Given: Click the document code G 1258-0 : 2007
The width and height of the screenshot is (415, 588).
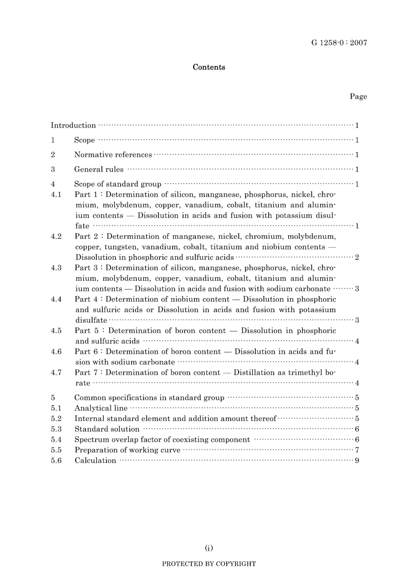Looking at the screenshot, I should pyautogui.click(x=339, y=43).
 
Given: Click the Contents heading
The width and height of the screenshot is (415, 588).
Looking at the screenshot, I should pyautogui.click(x=209, y=67).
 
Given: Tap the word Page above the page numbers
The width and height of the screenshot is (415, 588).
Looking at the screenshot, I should pyautogui.click(x=358, y=97).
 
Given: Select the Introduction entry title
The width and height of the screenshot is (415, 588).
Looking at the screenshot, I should pyautogui.click(x=73, y=125).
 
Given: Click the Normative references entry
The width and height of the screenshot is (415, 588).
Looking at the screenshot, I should pyautogui.click(x=113, y=155).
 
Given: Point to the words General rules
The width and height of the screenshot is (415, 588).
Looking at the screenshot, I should pyautogui.click(x=99, y=170).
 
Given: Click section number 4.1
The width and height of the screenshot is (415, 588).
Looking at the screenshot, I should pyautogui.click(x=56, y=195).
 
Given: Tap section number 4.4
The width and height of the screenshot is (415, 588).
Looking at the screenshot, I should pyautogui.click(x=56, y=299).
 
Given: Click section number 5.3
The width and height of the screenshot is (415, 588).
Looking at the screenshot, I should pyautogui.click(x=56, y=429).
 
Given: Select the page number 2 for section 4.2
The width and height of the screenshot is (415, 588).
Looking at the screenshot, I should pyautogui.click(x=357, y=257).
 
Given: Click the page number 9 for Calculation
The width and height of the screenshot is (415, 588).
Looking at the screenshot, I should pyautogui.click(x=357, y=461).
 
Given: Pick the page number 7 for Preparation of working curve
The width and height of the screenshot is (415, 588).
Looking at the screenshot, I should pyautogui.click(x=357, y=450).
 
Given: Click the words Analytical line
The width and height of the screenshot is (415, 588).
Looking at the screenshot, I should pyautogui.click(x=101, y=408).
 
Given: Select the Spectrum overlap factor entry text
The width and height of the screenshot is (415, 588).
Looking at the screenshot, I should pyautogui.click(x=162, y=440).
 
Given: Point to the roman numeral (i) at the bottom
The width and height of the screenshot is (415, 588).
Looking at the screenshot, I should pyautogui.click(x=209, y=548).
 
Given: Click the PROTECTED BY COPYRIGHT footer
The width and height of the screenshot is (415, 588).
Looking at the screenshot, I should pyautogui.click(x=209, y=564).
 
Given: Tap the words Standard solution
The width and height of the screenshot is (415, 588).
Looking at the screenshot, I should pyautogui.click(x=107, y=429).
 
